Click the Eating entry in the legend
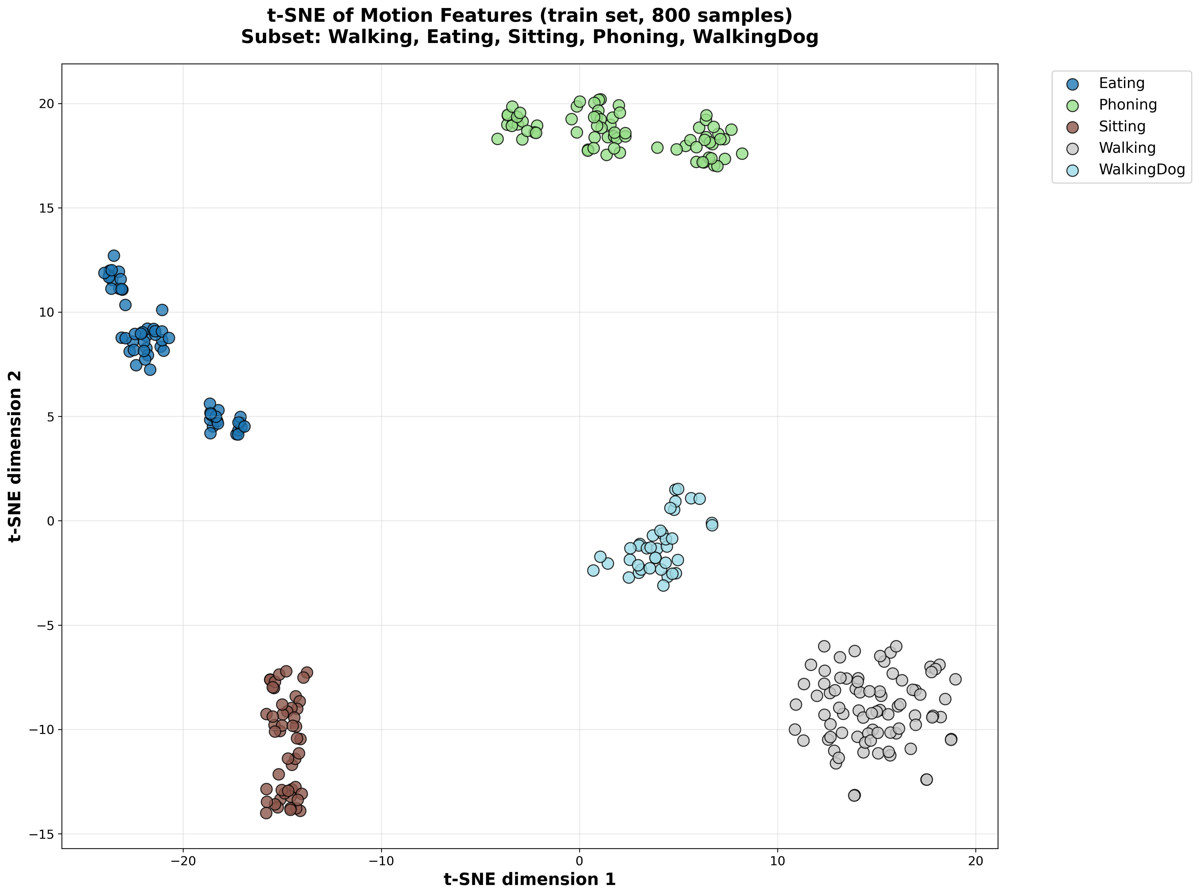coord(1121,84)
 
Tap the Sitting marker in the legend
coord(1072,127)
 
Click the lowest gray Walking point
coord(854,795)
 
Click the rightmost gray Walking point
coord(956,679)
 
